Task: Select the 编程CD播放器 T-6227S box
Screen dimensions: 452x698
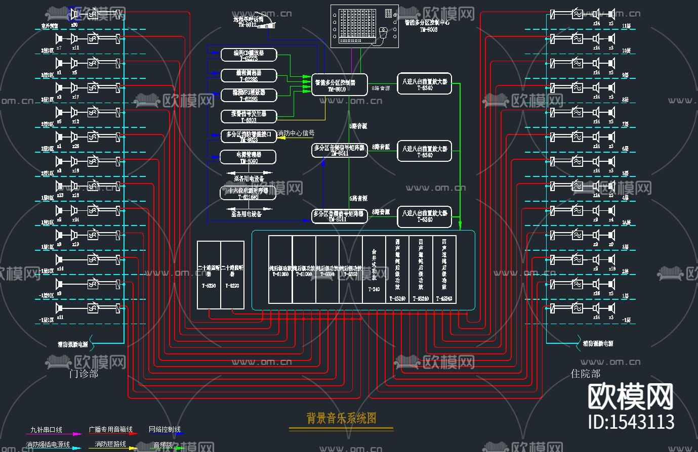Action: click(249, 55)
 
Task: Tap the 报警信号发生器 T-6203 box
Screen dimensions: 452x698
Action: click(249, 116)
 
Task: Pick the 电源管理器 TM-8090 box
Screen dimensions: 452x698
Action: click(248, 157)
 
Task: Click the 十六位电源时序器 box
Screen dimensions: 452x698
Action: click(248, 193)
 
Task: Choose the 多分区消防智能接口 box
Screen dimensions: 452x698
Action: click(249, 136)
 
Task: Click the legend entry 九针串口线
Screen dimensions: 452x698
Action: click(46, 430)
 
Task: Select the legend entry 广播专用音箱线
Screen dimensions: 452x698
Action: click(110, 429)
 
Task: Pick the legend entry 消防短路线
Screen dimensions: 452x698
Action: click(110, 444)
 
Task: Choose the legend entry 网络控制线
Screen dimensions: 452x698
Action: click(165, 429)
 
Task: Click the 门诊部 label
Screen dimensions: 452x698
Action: click(83, 374)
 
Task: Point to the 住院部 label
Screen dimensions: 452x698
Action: click(586, 374)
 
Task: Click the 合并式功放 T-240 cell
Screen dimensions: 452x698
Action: click(374, 269)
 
